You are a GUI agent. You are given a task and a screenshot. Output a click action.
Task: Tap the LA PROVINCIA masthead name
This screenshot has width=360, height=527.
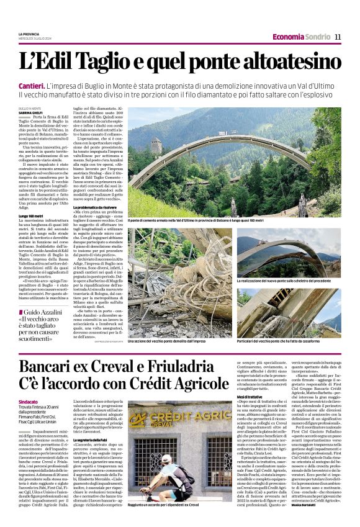coord(29,34)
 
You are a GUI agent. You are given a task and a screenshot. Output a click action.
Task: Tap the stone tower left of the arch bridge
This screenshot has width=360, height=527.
coord(156,146)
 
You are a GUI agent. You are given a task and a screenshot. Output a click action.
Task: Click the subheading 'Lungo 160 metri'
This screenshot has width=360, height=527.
coord(32,215)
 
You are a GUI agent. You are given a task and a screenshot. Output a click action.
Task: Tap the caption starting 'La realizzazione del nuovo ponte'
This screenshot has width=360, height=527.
coord(295,281)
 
